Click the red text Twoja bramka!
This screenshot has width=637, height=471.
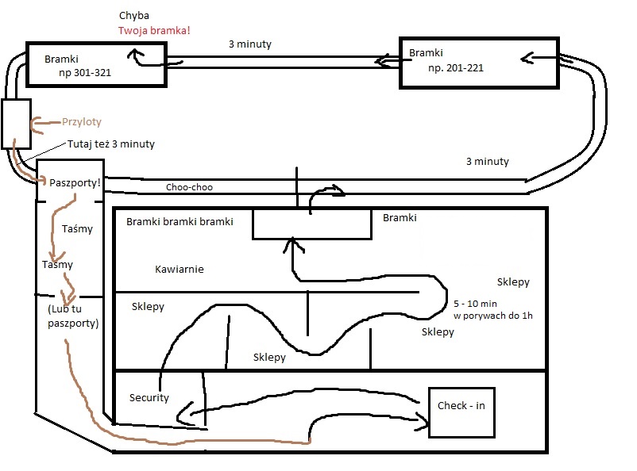tap(154, 30)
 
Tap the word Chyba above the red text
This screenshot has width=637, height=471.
tap(134, 16)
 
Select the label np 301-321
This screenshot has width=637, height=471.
tap(85, 73)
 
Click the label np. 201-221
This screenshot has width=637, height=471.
tap(456, 68)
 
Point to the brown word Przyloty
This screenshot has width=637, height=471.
tap(82, 122)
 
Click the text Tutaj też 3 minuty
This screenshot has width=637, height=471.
tap(111, 144)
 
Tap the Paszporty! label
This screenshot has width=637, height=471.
tap(75, 182)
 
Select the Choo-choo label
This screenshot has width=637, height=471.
tap(189, 187)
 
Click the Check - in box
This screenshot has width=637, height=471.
tap(462, 412)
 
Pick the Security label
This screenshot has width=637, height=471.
tap(149, 398)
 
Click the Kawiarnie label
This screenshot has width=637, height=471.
tap(180, 270)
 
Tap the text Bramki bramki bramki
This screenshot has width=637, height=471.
tap(180, 222)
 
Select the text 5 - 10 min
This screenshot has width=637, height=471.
tap(475, 304)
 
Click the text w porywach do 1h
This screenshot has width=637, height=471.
tap(492, 316)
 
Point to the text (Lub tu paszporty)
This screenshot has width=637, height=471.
tap(73, 316)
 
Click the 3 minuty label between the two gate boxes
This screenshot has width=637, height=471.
tap(250, 44)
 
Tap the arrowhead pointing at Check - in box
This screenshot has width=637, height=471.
tap(423, 422)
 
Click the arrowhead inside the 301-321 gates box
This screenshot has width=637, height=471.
tap(135, 55)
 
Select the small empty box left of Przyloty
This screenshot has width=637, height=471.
tap(16, 124)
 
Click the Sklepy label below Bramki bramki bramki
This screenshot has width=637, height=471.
tap(148, 307)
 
